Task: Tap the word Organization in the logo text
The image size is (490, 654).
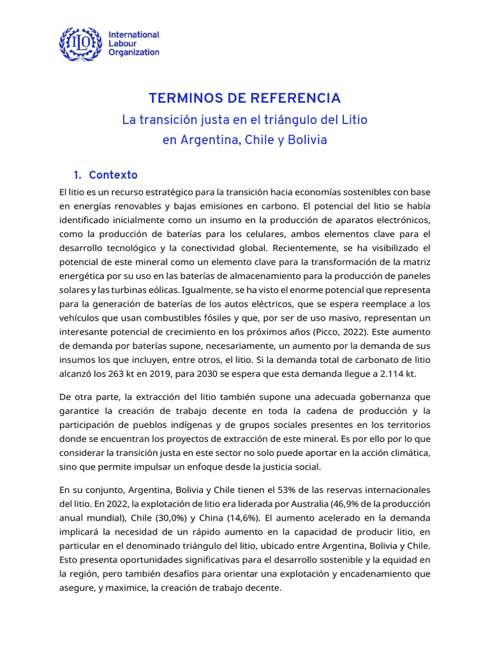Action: tap(134, 52)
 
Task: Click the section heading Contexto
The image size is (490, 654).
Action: tap(113, 175)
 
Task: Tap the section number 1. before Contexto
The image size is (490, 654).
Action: tap(78, 175)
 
